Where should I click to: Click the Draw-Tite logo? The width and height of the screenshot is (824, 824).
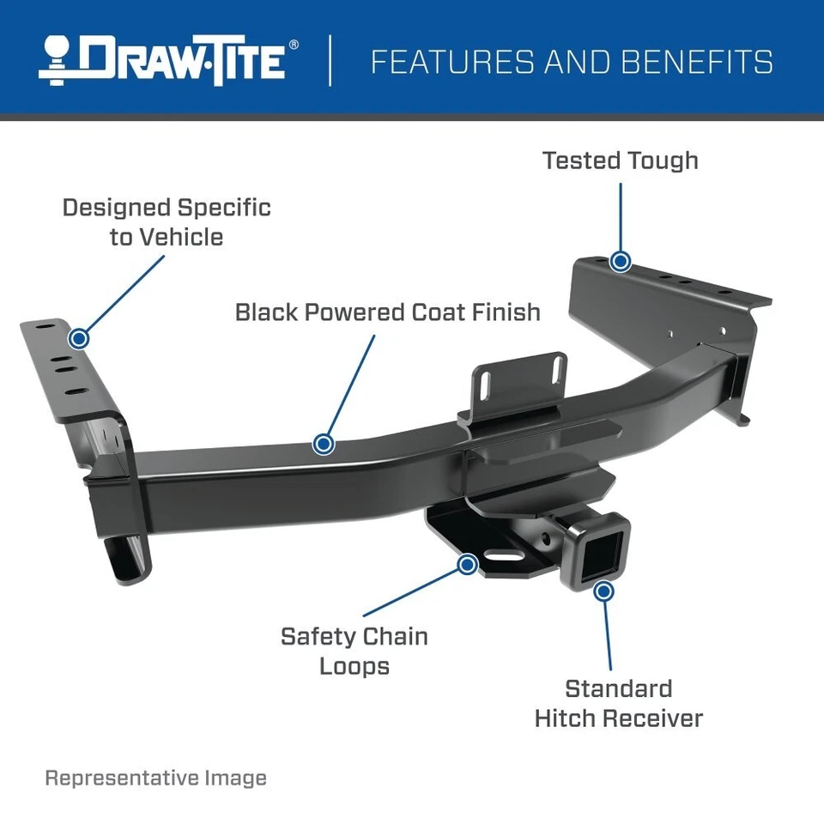(x=167, y=60)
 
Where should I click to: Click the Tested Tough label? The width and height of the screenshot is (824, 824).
(x=620, y=161)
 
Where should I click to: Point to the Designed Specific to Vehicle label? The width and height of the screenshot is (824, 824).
(x=167, y=221)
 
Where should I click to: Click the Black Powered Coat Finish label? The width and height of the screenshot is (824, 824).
(x=388, y=312)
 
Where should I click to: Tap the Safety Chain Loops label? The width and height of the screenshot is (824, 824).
(x=354, y=651)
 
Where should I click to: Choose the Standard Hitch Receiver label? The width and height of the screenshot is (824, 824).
(x=618, y=703)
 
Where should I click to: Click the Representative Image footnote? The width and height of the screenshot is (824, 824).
(x=155, y=779)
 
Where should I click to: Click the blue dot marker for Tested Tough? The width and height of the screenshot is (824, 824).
(x=620, y=261)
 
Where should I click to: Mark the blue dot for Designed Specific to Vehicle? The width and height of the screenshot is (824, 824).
(x=79, y=338)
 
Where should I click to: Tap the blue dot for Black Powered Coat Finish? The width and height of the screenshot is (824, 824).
(x=324, y=444)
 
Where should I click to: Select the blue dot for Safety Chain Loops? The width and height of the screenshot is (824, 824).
(x=467, y=564)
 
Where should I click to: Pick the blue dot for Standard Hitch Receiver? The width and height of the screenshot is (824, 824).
(x=603, y=591)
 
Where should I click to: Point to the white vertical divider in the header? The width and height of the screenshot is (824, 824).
(x=330, y=60)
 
